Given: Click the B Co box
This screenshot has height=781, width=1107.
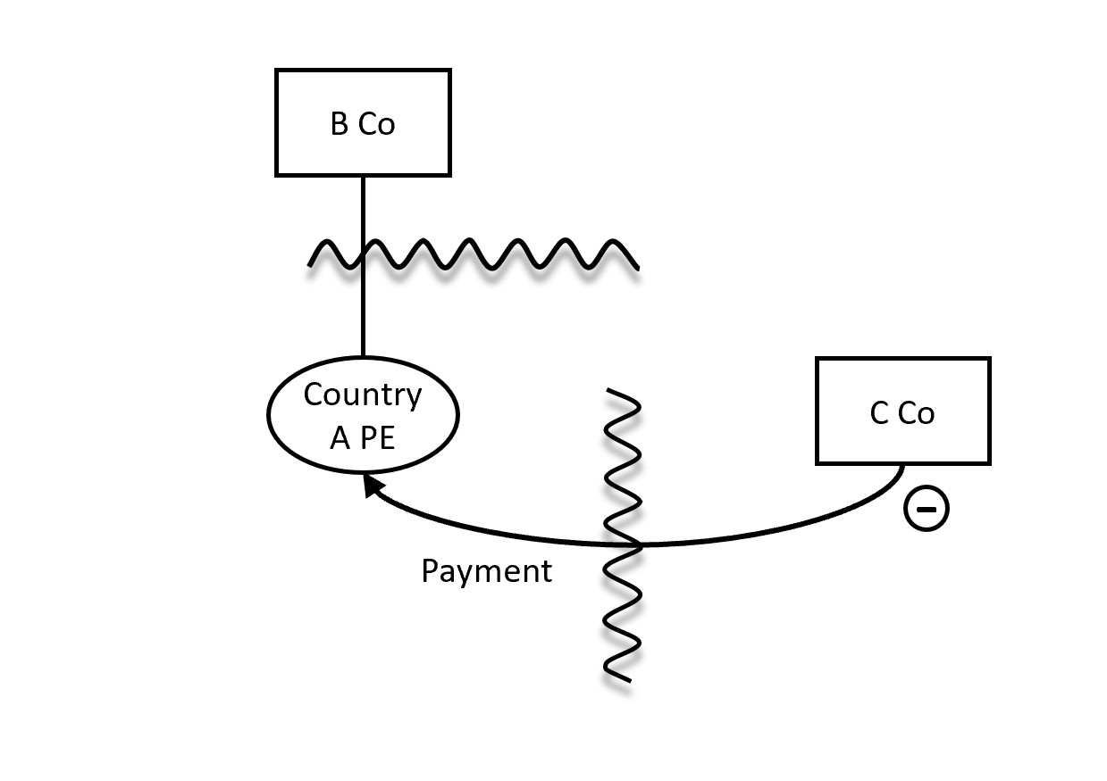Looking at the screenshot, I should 363,122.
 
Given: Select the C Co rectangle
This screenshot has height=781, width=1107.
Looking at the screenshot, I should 902,411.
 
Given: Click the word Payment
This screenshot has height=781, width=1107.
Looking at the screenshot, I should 486,571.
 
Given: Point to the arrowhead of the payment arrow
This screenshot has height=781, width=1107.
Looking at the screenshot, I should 371,486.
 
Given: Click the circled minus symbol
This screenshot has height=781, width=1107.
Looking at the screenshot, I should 927,509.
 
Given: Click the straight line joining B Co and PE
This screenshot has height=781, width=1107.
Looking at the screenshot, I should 363,303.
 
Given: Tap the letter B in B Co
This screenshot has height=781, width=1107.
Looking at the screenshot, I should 340,124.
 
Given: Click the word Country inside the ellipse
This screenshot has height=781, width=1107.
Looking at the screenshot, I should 363,395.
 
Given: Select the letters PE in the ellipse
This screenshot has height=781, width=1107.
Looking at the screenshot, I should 377,438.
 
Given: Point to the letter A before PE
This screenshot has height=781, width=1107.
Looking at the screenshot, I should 340,438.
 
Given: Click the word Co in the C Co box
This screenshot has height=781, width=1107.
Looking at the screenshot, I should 916,413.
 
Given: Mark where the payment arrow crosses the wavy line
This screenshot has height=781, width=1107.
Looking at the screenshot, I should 636,543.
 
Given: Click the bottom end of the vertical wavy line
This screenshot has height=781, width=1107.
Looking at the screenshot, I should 630,679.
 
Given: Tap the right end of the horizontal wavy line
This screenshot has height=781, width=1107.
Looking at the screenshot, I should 637,266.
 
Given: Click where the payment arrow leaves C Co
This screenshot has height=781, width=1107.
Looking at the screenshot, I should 902,465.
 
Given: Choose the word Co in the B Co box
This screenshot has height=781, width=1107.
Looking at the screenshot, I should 376,124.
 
